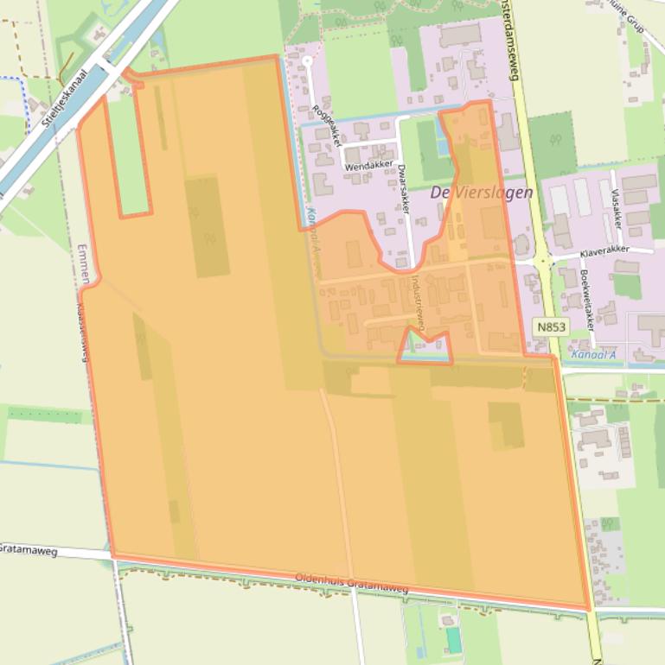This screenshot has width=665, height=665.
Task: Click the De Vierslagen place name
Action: coord(482,193)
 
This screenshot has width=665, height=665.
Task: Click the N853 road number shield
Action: coord(550,326)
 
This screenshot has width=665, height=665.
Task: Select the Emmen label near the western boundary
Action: coord(83,263)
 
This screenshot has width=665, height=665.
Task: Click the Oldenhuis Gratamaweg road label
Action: coord(351,583)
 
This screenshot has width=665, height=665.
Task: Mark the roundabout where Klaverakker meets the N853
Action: coord(540,259)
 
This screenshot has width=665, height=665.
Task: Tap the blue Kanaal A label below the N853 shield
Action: coord(593,354)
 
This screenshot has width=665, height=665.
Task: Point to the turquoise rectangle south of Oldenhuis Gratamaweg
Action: coord(453,640)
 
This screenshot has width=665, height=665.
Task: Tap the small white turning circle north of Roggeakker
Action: coord(307,61)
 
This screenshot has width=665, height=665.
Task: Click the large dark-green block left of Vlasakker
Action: coord(552,143)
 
